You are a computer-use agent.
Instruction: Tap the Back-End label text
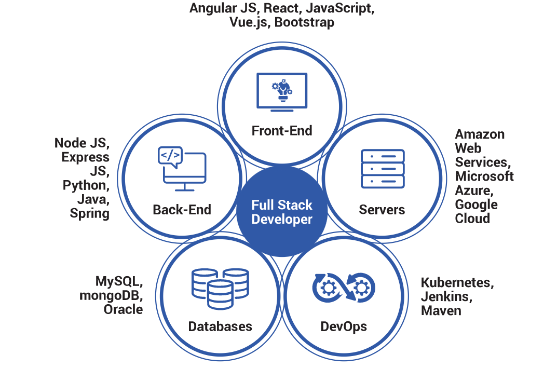182,209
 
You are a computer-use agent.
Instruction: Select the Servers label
382,209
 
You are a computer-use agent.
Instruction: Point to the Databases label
220,326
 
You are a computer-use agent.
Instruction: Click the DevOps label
344,326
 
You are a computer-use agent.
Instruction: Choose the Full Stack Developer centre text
282,212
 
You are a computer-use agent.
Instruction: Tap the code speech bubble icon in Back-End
170,156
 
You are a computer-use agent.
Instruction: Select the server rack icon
382,168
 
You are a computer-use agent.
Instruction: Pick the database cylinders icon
220,287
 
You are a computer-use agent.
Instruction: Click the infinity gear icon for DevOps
344,287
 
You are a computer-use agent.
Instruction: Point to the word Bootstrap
304,22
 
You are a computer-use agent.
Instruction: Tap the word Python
86,185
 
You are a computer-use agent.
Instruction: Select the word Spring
90,213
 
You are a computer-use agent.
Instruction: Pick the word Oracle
123,309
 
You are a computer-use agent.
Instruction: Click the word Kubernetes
457,283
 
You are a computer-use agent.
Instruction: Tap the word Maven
441,311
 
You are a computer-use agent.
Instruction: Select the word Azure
469,190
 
